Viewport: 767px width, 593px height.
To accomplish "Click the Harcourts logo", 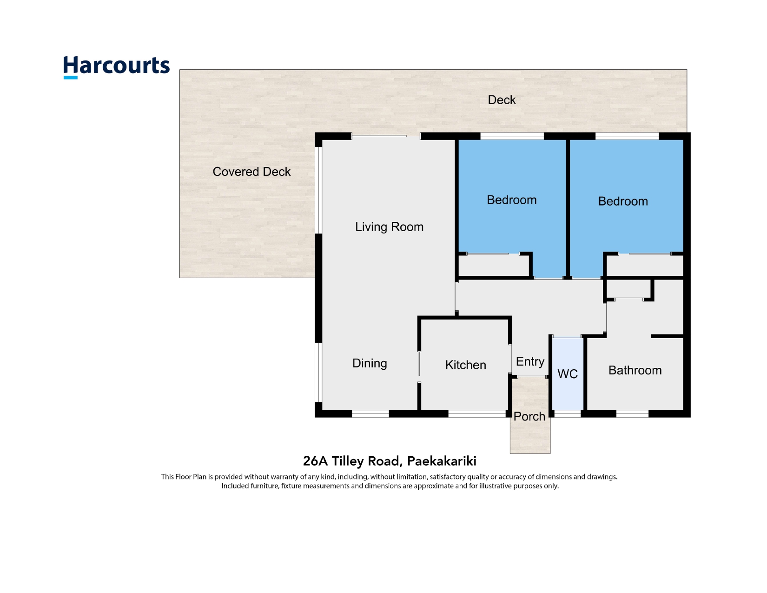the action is point(116,67).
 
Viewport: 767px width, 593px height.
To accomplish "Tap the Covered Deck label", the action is point(251,172).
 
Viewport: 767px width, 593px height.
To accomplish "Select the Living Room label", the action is point(389,227).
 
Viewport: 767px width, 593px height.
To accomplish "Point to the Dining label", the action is point(370,363).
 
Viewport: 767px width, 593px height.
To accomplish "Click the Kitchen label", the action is point(466,365).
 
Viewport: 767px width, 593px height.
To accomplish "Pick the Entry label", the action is point(530,362).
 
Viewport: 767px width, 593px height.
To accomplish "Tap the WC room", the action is point(568,373).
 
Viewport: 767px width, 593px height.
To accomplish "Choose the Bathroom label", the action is point(635,370).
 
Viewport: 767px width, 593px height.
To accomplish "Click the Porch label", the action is point(529,416).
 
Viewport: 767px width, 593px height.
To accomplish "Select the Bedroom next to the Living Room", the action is point(511,200).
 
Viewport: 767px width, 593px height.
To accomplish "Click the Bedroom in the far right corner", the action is point(623,201).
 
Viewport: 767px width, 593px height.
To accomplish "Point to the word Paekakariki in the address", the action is point(442,461).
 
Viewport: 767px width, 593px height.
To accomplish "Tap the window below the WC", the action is point(567,413).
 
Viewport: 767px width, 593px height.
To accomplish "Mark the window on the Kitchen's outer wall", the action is point(477,413).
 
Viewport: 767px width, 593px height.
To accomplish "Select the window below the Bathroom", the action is point(632,413).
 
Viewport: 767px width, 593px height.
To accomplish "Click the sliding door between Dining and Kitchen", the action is point(419,364).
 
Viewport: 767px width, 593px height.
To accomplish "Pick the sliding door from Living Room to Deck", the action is point(379,136).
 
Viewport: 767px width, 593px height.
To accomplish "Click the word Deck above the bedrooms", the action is point(502,100).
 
